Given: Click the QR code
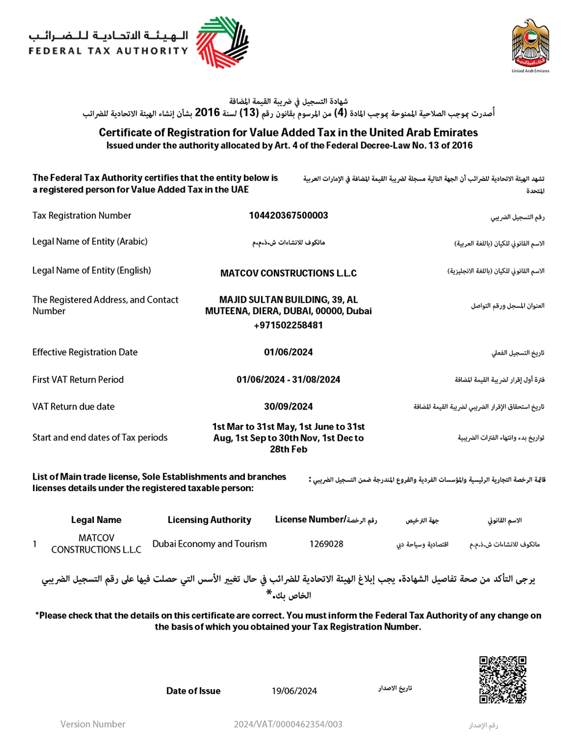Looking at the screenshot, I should pos(503,679).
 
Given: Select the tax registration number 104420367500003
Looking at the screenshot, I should pos(288,215).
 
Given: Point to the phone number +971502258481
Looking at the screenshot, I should pos(288,325).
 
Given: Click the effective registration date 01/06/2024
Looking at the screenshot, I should pos(288,352).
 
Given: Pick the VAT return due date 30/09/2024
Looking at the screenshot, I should pos(288,407).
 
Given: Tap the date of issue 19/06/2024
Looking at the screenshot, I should pos(294,691).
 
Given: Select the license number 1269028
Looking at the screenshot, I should pos(326,544).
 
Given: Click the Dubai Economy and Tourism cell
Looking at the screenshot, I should pos(210,544).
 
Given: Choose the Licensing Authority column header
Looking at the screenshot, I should pos(210,520).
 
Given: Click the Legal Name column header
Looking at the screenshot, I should pos(96,520).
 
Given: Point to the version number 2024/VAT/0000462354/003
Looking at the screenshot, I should pos(288,724).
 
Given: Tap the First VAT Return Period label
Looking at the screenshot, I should pos(78,380).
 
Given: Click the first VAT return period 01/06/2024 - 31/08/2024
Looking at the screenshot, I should pos(288,380).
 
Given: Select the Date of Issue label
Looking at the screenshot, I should pos(193,691).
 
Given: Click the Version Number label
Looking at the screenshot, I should pos(93,724).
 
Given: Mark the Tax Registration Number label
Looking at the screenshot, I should pos(82,215).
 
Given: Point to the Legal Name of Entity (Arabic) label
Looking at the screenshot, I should pos(90,241).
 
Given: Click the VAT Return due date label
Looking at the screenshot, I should pos(74,407).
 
